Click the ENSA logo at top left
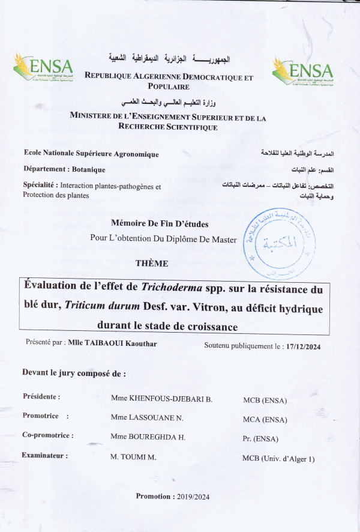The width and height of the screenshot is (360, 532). click(x=43, y=70)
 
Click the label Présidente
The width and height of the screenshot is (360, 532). click(x=41, y=397)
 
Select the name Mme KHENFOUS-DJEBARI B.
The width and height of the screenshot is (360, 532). click(x=161, y=399)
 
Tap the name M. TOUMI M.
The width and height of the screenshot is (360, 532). click(x=133, y=458)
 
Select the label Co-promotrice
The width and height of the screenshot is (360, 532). click(x=48, y=435)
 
